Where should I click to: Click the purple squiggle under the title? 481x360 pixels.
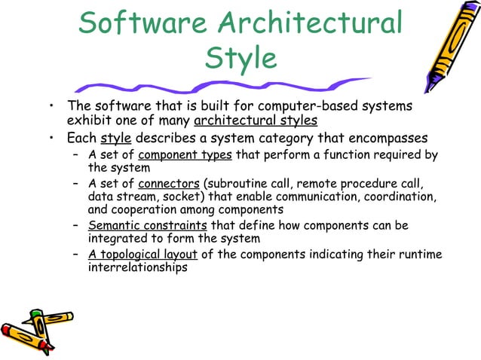point(226,84)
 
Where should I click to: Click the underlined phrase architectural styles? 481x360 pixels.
point(256,121)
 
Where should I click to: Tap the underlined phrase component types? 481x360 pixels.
point(185,155)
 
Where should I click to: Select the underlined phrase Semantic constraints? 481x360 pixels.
point(148,225)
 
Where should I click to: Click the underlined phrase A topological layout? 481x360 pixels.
point(142,254)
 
